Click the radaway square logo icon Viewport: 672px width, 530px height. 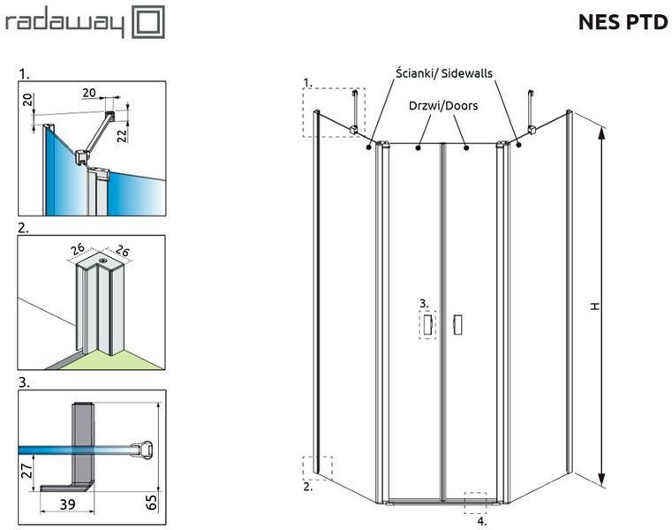pyautogui.click(x=147, y=22)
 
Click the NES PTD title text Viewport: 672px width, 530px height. pyautogui.click(x=623, y=22)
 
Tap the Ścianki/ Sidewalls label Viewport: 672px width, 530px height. pyautogui.click(x=443, y=73)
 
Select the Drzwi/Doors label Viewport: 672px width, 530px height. pyautogui.click(x=443, y=105)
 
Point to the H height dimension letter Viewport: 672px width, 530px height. pyautogui.click(x=594, y=306)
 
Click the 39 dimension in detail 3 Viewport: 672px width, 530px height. pyautogui.click(x=68, y=504)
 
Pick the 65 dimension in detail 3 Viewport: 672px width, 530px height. pyautogui.click(x=152, y=502)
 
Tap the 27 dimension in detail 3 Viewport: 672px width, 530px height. pyautogui.click(x=26, y=471)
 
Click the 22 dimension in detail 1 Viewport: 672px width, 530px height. pyautogui.click(x=122, y=135)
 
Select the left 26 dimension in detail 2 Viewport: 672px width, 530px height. pyautogui.click(x=78, y=250)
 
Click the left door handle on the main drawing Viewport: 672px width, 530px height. pyautogui.click(x=427, y=324)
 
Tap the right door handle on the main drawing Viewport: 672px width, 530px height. pyautogui.click(x=457, y=324)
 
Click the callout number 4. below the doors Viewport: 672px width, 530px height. pyautogui.click(x=482, y=521)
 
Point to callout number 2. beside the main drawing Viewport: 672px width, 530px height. pyautogui.click(x=307, y=487)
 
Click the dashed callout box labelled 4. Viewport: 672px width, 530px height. pyautogui.click(x=475, y=503)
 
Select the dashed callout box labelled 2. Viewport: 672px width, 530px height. pyautogui.click(x=318, y=468)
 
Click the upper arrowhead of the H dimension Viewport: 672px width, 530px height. pyautogui.click(x=601, y=132)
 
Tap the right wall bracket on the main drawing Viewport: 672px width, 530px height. pyautogui.click(x=532, y=112)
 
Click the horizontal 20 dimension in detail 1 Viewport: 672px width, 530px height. pyautogui.click(x=89, y=93)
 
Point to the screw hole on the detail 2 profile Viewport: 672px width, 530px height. pyautogui.click(x=102, y=261)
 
